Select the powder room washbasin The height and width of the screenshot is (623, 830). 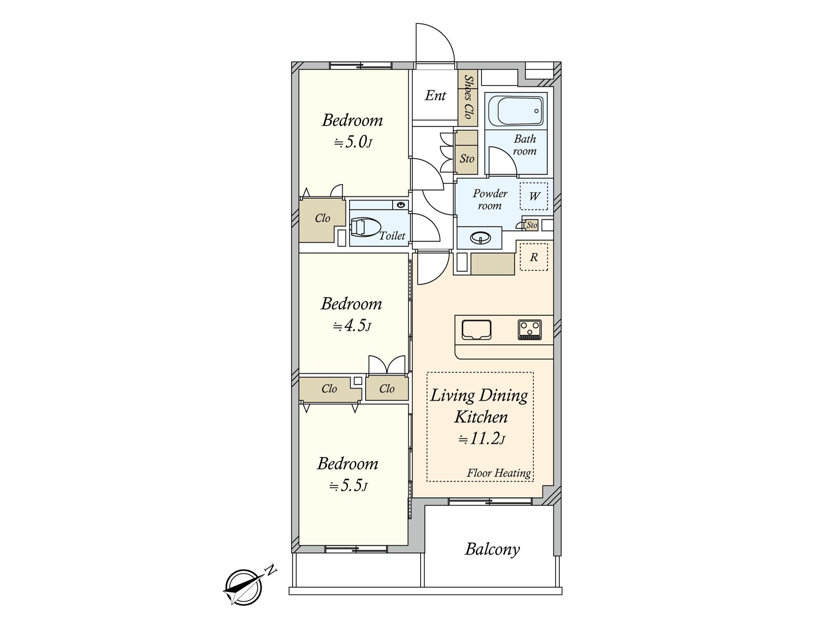pyautogui.click(x=480, y=238)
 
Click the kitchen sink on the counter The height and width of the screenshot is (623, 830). pyautogui.click(x=476, y=330)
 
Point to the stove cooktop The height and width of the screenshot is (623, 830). pyautogui.click(x=530, y=330)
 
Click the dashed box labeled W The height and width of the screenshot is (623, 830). pyautogui.click(x=534, y=196)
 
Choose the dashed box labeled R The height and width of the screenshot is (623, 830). pyautogui.click(x=534, y=257)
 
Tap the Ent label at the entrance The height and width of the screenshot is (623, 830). pyautogui.click(x=435, y=96)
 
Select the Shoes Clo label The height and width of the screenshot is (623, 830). pyautogui.click(x=468, y=97)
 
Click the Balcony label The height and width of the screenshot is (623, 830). pyautogui.click(x=492, y=549)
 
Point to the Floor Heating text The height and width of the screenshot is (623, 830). pyautogui.click(x=499, y=473)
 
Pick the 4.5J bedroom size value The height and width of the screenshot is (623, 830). pyautogui.click(x=352, y=326)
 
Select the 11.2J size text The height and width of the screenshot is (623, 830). pyautogui.click(x=482, y=439)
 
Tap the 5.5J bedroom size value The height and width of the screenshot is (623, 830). pyautogui.click(x=348, y=485)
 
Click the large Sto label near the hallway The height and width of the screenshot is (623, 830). pyautogui.click(x=467, y=158)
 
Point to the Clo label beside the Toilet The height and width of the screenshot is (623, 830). pyautogui.click(x=323, y=218)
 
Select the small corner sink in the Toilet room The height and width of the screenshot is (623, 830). pyautogui.click(x=400, y=205)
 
